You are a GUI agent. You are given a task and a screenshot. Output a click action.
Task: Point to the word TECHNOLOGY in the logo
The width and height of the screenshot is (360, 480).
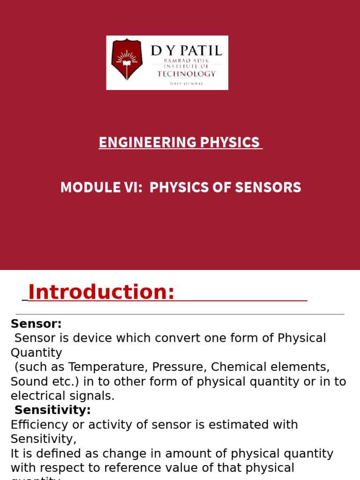(187, 74)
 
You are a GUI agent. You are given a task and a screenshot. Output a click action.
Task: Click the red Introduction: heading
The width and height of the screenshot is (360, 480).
(101, 292)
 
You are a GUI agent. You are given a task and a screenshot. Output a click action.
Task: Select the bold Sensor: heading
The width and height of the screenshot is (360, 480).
(36, 324)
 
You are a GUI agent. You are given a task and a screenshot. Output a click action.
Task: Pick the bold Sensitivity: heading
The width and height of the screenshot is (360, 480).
(52, 410)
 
